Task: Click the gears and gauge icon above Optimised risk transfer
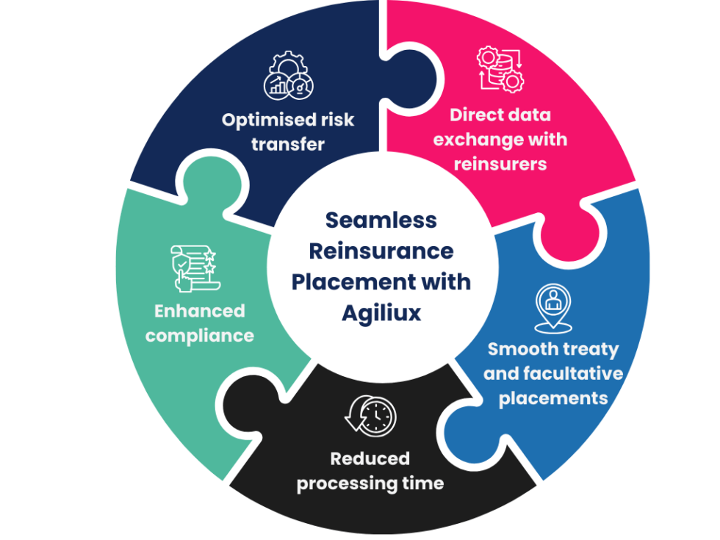pos(288,76)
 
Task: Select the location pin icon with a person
pos(552,306)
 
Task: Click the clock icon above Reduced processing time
pos(371,416)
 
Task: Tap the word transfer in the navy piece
pos(288,144)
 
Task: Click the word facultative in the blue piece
pos(573,374)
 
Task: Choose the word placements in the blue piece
pos(553,398)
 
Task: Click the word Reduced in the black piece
pos(370,458)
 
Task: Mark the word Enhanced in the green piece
pos(199,311)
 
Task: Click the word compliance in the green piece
pos(199,336)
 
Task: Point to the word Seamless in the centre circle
pos(381,220)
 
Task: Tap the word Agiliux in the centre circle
pos(381,313)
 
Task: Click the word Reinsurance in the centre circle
pos(381,251)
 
